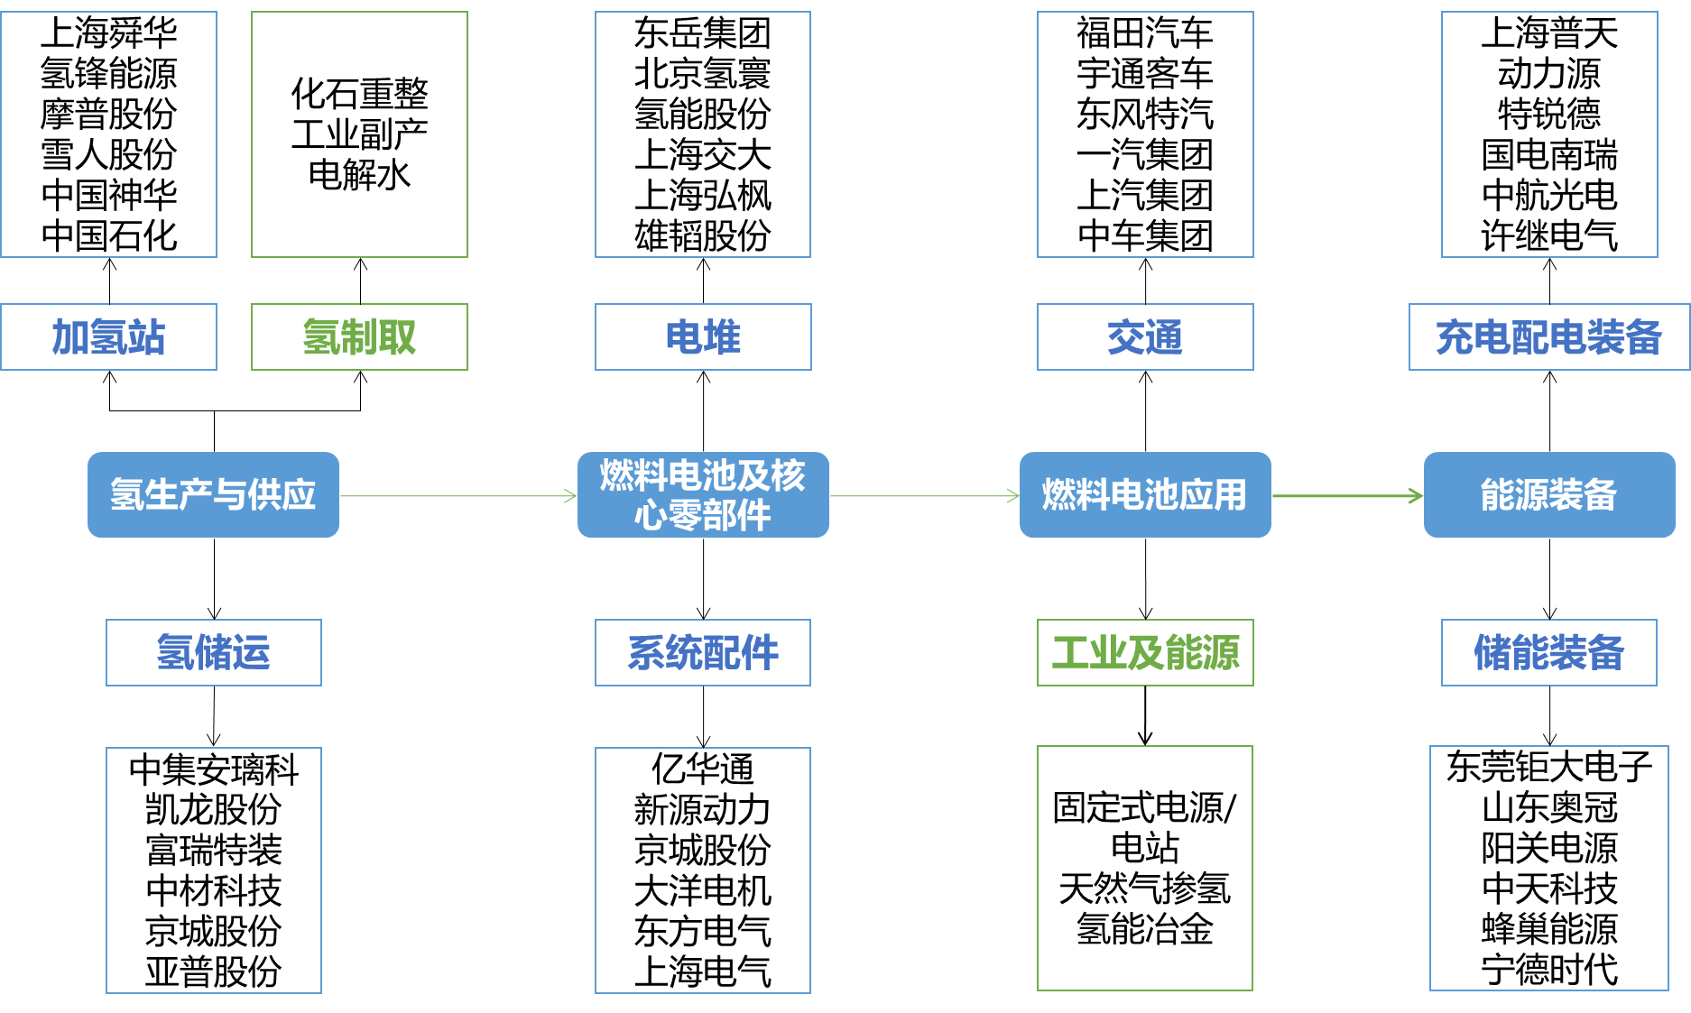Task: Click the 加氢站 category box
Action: tap(108, 337)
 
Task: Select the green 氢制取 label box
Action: tap(359, 337)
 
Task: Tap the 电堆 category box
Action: tap(703, 337)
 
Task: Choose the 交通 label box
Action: tap(1145, 337)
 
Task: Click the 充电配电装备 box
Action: tap(1548, 337)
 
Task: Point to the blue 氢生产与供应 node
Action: tap(213, 495)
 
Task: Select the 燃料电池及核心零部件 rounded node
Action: tap(703, 495)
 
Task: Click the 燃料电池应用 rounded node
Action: tap(1145, 495)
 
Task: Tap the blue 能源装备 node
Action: tap(1548, 495)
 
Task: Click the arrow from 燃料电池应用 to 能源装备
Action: tap(1347, 495)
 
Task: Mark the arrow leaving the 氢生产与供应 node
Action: tap(458, 495)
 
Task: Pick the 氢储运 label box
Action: tap(213, 652)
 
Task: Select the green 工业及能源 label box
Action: tap(1145, 652)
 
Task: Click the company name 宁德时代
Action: tap(1548, 970)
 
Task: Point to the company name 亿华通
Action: tap(703, 769)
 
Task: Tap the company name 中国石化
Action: tap(108, 235)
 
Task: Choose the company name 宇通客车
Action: tap(1145, 73)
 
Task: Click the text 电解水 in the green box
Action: tap(359, 174)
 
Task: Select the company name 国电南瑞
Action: tap(1548, 154)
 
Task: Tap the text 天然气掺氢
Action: tap(1145, 889)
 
